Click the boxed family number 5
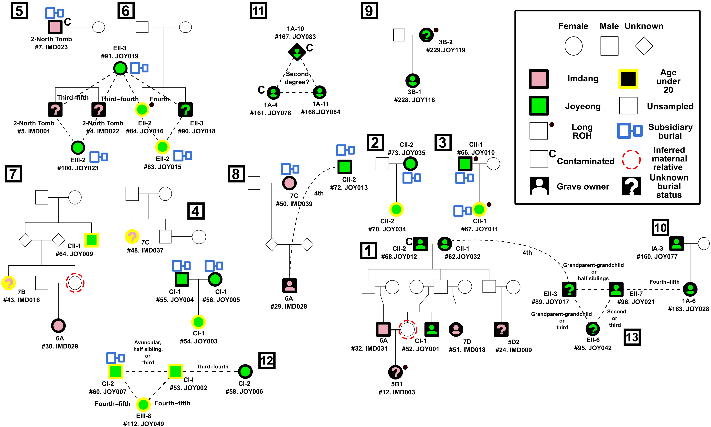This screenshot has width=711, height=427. tap(19, 11)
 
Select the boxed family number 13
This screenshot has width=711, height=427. tap(632, 337)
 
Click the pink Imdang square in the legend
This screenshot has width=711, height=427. tap(538, 79)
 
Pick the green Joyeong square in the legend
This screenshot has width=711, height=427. tap(538, 106)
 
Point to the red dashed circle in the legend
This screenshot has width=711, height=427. tap(631, 159)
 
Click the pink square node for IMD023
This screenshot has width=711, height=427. tap(55, 27)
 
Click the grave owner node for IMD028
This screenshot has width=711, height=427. tap(289, 285)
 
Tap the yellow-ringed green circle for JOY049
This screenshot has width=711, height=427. tap(143, 405)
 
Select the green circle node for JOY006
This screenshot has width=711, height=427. tap(245, 371)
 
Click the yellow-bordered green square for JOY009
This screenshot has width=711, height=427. tap(92, 240)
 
